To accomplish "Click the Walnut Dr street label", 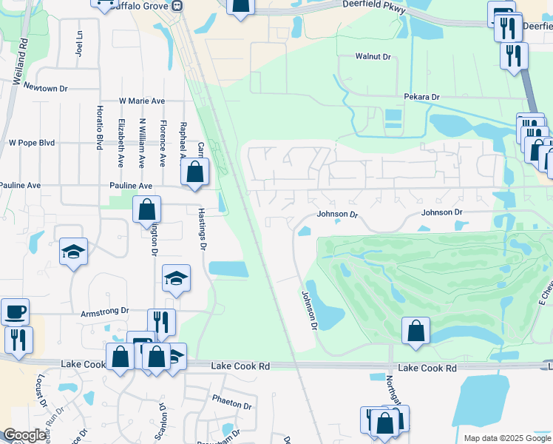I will tap(373, 56).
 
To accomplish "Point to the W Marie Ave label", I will tap(142, 101).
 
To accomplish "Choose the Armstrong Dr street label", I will tap(105, 312).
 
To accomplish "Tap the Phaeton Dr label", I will tap(233, 405).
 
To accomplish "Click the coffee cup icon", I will tap(15, 311).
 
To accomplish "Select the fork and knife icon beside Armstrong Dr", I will tap(161, 321).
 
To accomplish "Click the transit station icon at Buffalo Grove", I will tap(177, 5).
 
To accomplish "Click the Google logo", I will tap(26, 436).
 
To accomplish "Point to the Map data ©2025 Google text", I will tap(506, 438).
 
